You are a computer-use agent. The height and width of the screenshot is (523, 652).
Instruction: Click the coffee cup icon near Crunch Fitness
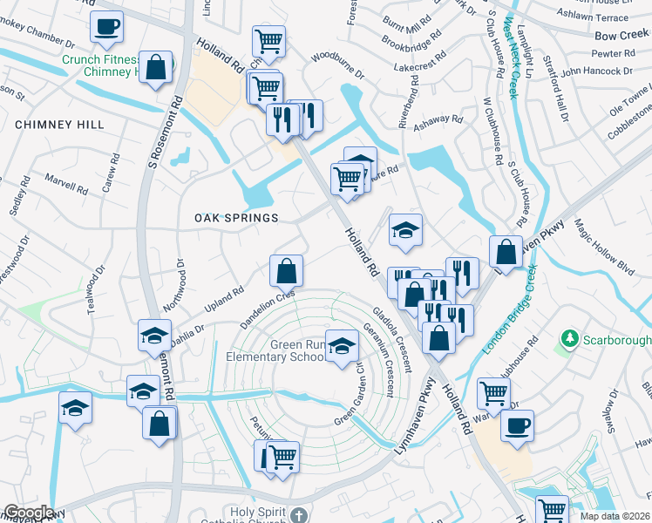(106, 27)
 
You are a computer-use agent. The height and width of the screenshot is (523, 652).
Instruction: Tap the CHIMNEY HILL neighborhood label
(59, 126)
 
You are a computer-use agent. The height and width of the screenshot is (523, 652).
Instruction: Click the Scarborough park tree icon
(570, 337)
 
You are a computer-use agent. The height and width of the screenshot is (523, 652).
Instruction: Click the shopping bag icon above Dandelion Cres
(286, 271)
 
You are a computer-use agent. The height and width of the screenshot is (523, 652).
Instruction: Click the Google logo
(29, 513)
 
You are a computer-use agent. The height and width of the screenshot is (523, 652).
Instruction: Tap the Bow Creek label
(621, 36)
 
